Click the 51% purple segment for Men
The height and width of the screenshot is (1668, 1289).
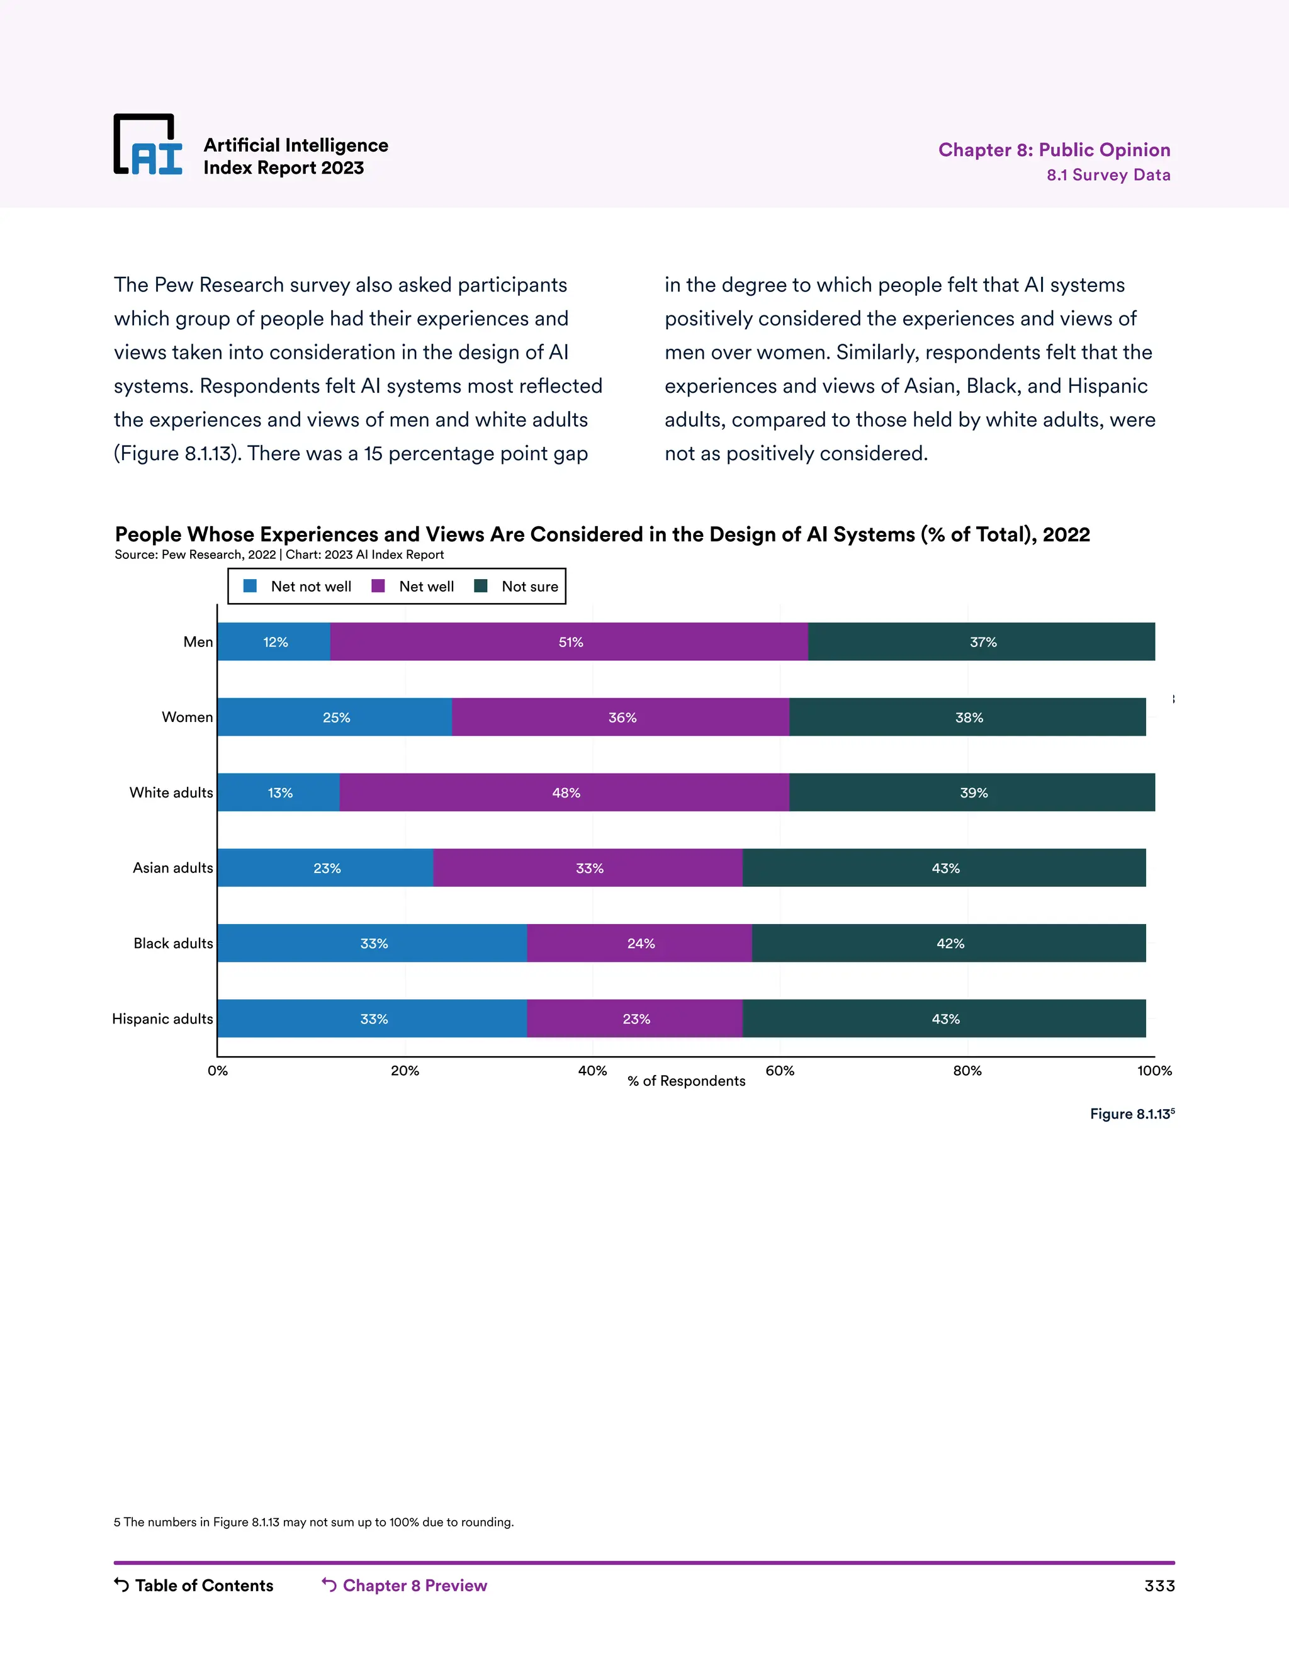coord(570,641)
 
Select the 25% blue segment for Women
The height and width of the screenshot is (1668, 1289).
coord(335,717)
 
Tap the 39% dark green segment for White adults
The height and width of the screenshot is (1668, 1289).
coord(973,792)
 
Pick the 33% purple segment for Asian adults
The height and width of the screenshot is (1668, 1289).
coord(588,867)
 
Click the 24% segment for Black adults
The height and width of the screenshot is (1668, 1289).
coord(640,944)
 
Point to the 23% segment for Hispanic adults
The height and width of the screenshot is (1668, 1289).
coord(635,1019)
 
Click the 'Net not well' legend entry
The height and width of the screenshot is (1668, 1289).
coord(298,587)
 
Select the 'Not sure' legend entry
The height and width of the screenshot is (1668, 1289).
coord(517,587)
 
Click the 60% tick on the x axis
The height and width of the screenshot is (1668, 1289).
coord(780,1071)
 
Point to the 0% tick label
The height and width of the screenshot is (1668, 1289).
coord(218,1071)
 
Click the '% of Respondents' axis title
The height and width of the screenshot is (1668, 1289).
coord(686,1081)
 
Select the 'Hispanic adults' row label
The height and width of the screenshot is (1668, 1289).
coord(162,1019)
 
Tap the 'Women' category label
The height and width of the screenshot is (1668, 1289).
coord(187,717)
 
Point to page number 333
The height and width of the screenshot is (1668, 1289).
coord(1159,1586)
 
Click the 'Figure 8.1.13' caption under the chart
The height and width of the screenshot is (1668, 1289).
coord(1131,1114)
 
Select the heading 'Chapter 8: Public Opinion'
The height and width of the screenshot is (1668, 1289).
coord(1054,150)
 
